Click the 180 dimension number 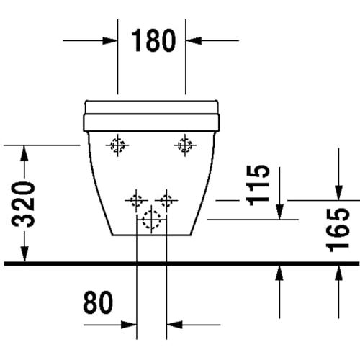coord(153,40)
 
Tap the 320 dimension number coord(23,204)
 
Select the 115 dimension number coord(259,185)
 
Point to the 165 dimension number coord(337,230)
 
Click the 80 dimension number coord(98,302)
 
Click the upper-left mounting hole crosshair coord(117,145)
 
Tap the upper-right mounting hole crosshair coord(185,145)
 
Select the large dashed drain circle coord(151,220)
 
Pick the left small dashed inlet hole coord(136,200)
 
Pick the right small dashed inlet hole coord(166,200)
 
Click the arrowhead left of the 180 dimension coord(109,40)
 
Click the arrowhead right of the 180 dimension coord(194,40)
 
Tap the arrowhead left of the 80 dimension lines coord(129,325)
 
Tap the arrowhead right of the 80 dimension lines coord(174,325)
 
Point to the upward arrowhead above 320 coord(24,153)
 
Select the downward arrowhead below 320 coord(24,254)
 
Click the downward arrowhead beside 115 coord(279,212)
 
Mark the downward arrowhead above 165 coord(338,192)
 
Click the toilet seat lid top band coord(152,107)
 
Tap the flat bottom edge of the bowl coord(152,235)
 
